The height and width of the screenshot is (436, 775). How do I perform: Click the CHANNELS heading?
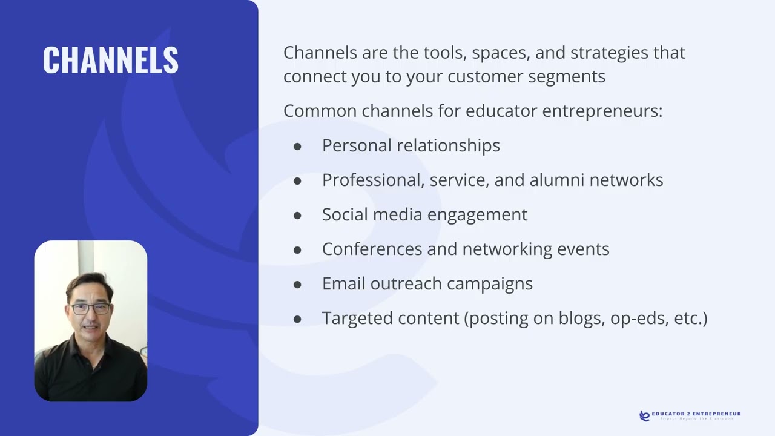point(110,60)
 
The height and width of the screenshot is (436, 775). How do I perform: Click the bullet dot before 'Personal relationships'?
point(297,146)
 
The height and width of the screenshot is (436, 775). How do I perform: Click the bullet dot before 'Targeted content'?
point(297,319)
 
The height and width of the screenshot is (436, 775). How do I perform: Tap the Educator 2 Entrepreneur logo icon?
point(645,415)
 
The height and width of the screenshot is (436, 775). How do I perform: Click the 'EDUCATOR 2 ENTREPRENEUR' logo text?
point(696,414)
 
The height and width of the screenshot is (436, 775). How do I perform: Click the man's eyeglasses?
point(90,308)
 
